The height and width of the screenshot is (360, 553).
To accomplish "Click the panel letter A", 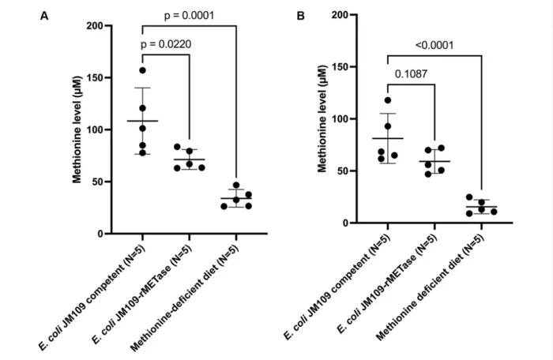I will pos(45,15).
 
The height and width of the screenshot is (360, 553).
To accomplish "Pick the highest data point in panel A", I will pos(143,70).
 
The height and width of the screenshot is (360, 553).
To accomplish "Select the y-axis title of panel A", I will pos(77,130).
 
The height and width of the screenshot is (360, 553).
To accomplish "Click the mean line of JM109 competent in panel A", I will pos(142,121).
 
